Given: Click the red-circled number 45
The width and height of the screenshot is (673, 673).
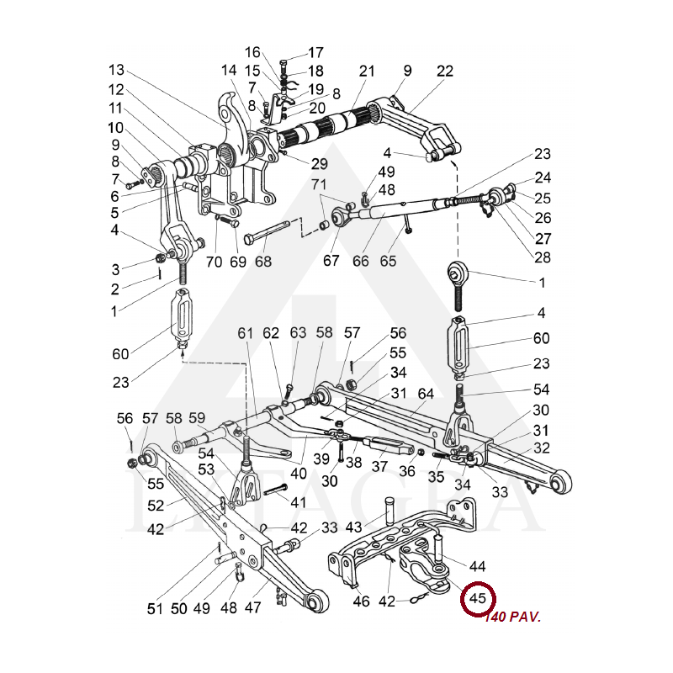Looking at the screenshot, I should pyautogui.click(x=478, y=599).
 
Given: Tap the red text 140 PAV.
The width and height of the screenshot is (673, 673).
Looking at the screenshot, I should pyautogui.click(x=512, y=617).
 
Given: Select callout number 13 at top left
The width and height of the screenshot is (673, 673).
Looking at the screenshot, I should pyautogui.click(x=116, y=69).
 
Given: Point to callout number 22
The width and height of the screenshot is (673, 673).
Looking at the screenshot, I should pyautogui.click(x=445, y=72).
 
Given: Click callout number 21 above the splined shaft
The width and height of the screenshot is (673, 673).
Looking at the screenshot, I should pyautogui.click(x=367, y=72).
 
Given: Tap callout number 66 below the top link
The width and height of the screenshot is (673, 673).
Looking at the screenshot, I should pyautogui.click(x=361, y=261).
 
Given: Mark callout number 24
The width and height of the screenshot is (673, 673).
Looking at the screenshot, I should pyautogui.click(x=542, y=178).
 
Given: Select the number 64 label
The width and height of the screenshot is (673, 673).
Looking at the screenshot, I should pyautogui.click(x=426, y=393).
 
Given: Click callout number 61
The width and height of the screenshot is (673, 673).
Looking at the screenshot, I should pyautogui.click(x=245, y=334).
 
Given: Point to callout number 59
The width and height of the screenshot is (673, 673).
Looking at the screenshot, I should pyautogui.click(x=197, y=418).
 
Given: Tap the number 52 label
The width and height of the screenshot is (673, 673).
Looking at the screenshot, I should pyautogui.click(x=156, y=506).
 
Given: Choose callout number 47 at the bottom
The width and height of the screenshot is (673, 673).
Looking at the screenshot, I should pyautogui.click(x=252, y=608).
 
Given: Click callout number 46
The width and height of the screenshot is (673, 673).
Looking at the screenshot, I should pyautogui.click(x=362, y=601).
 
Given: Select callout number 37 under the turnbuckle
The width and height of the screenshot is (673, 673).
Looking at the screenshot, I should pyautogui.click(x=379, y=467).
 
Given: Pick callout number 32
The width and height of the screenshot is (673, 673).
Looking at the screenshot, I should pyautogui.click(x=541, y=448).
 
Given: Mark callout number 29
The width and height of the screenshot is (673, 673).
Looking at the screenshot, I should pyautogui.click(x=295, y=162).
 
